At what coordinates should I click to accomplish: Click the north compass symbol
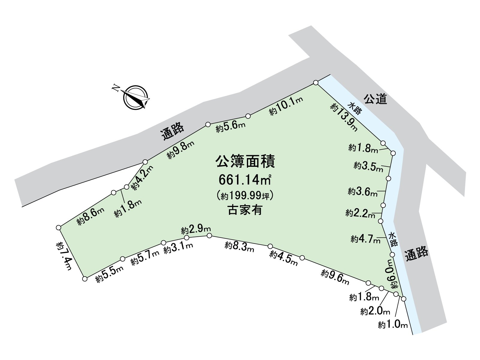tap(136, 97)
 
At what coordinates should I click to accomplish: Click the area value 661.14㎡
tap(245, 180)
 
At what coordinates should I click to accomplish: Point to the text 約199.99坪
tap(245, 196)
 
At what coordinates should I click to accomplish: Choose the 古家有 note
tap(245, 210)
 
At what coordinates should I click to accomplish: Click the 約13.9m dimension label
tap(344, 117)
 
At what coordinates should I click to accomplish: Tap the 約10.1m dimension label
tap(286, 106)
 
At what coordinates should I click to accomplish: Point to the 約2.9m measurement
tap(196, 230)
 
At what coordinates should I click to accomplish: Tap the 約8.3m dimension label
tap(239, 247)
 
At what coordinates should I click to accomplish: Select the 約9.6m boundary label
tap(335, 277)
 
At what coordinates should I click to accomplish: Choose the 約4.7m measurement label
tap(365, 239)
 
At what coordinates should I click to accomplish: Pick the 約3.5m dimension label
tap(368, 166)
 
